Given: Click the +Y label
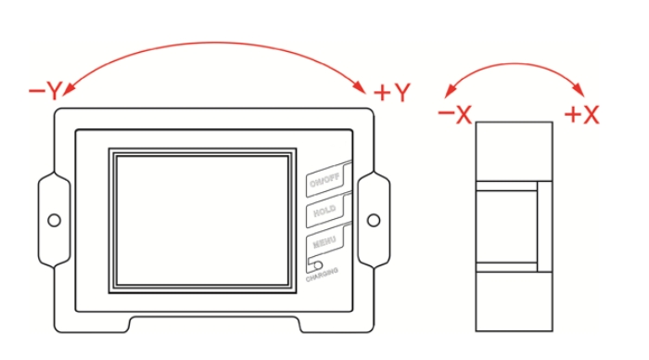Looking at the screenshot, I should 391,93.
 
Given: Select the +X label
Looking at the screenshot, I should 582,114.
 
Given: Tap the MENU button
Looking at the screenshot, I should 324,243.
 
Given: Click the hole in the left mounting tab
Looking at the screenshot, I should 54,220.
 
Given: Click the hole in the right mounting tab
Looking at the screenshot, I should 374,220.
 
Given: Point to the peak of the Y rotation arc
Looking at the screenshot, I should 215,41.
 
